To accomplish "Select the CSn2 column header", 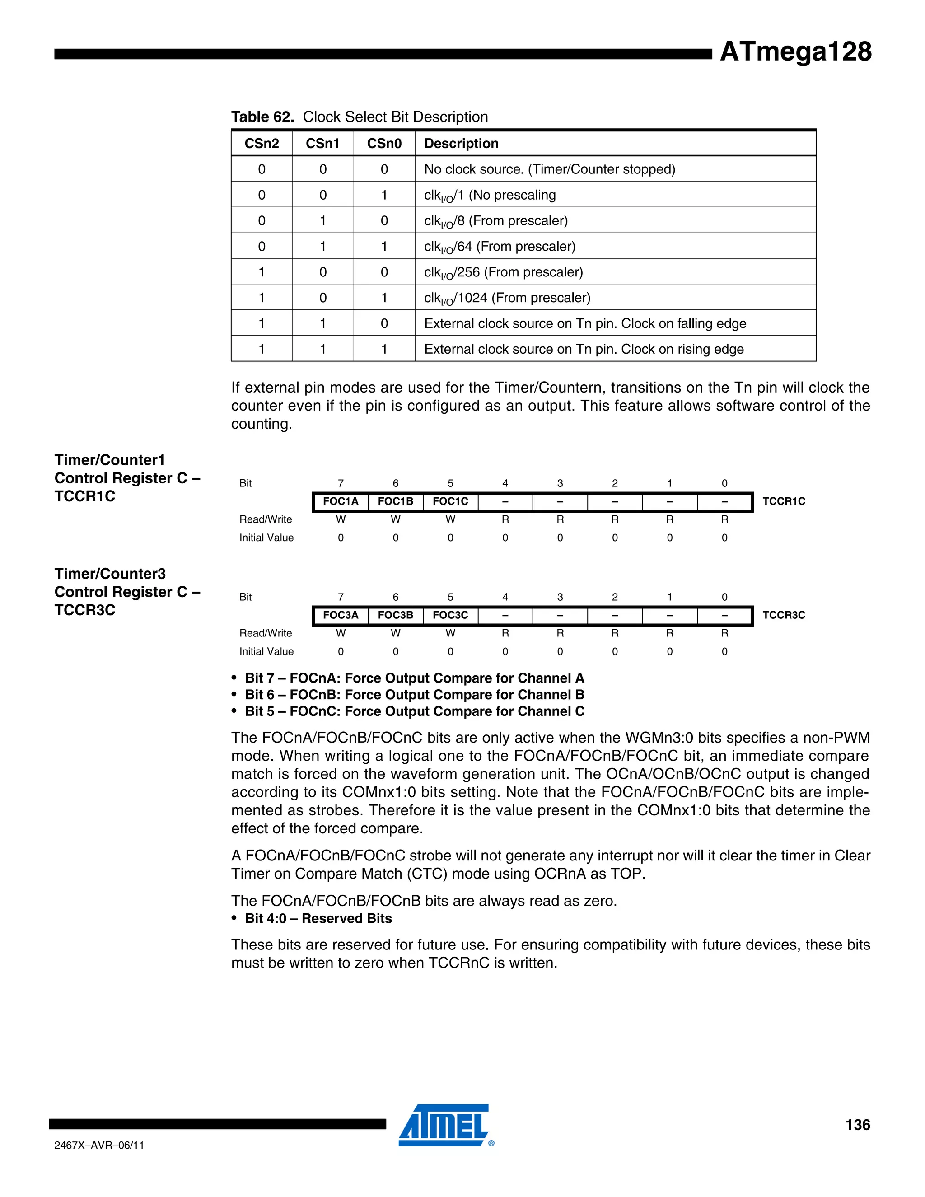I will [x=262, y=144].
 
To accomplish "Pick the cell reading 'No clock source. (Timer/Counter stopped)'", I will [x=549, y=169].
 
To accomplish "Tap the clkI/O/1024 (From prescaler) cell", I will [x=507, y=298].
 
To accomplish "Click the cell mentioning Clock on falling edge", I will [x=585, y=323].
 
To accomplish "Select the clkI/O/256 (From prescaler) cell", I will [x=503, y=272].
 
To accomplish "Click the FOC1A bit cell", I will [x=340, y=501].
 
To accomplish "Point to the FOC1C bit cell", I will [x=450, y=501].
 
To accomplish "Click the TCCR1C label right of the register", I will [x=784, y=501].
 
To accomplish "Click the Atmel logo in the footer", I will [x=444, y=1125].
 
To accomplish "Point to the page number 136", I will [x=857, y=1125].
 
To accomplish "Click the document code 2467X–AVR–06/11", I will [x=99, y=1146].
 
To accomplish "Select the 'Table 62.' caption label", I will [x=262, y=117].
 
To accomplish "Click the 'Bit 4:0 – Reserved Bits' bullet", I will [x=318, y=919].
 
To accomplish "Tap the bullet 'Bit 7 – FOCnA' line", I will [x=414, y=678].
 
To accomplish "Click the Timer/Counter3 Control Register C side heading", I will [x=127, y=592].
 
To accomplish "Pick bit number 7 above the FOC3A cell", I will [x=340, y=597].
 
